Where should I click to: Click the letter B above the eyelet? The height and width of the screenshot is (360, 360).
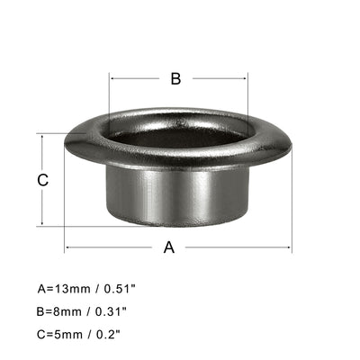click(176, 78)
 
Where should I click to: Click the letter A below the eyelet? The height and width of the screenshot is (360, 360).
click(168, 248)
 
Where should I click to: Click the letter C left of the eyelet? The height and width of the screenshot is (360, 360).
click(41, 180)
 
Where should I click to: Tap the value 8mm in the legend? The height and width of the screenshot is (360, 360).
click(67, 311)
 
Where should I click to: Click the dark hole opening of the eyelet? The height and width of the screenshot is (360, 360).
click(177, 137)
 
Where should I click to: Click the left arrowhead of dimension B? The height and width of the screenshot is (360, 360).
click(113, 78)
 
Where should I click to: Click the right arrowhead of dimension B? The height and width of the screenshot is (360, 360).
click(244, 78)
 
